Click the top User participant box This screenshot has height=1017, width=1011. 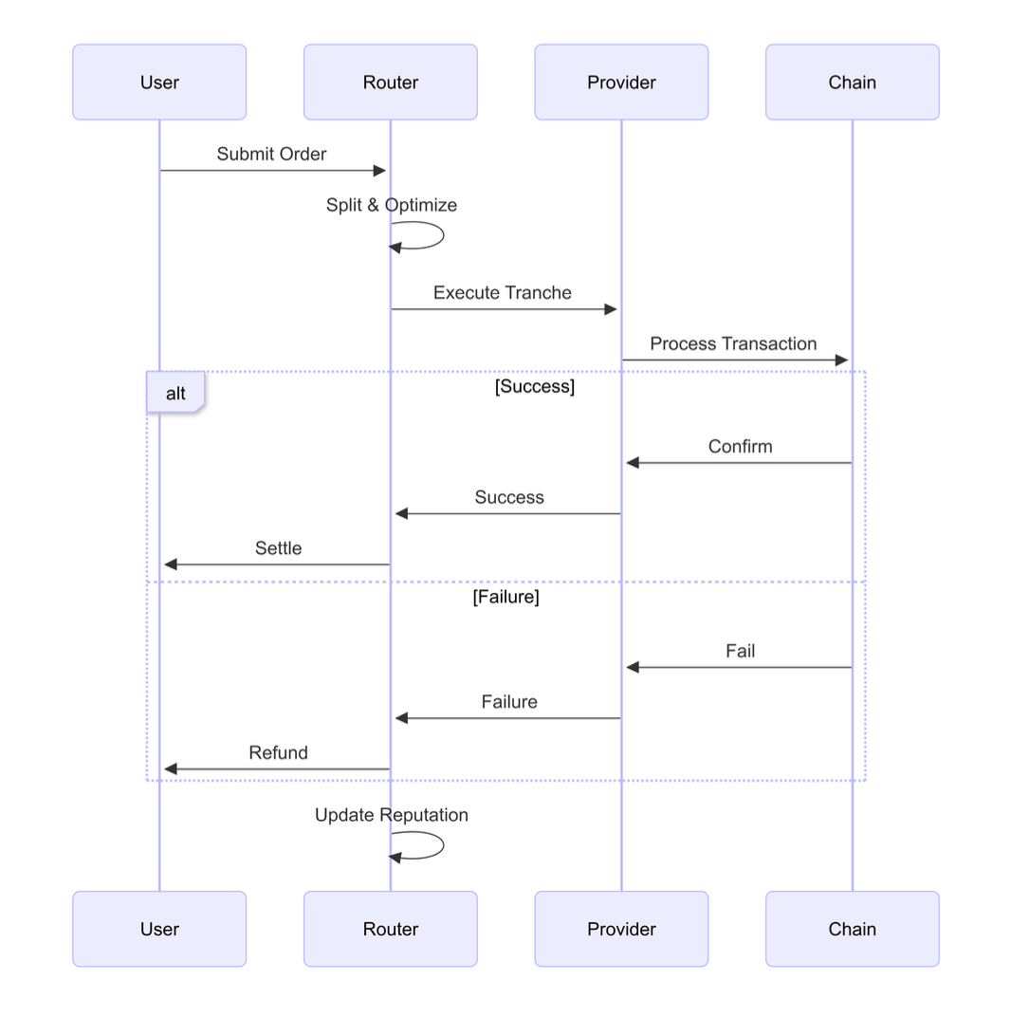pyautogui.click(x=159, y=83)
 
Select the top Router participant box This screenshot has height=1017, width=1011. pyautogui.click(x=390, y=83)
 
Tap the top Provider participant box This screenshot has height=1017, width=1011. pyautogui.click(x=621, y=83)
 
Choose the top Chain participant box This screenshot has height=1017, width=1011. pyautogui.click(x=852, y=83)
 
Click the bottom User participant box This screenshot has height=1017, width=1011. pyautogui.click(x=159, y=929)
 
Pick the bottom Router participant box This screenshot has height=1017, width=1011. pyautogui.click(x=390, y=929)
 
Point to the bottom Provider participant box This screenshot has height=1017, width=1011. pyautogui.click(x=621, y=929)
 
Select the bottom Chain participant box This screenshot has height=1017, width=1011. pyautogui.click(x=852, y=929)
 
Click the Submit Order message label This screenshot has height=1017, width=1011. pyautogui.click(x=271, y=154)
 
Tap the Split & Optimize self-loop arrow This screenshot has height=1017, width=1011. pyautogui.click(x=442, y=235)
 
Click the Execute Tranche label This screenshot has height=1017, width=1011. pyautogui.click(x=503, y=292)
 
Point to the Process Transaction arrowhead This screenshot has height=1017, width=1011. pyautogui.click(x=840, y=361)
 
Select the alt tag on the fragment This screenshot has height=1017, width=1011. pyautogui.click(x=175, y=393)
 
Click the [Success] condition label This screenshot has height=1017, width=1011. pyautogui.click(x=534, y=386)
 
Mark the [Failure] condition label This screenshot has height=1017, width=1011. pyautogui.click(x=505, y=597)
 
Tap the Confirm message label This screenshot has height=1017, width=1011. pyautogui.click(x=740, y=446)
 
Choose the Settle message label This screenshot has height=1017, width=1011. pyautogui.click(x=278, y=548)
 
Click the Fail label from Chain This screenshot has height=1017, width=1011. pyautogui.click(x=740, y=651)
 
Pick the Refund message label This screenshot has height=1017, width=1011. pyautogui.click(x=278, y=752)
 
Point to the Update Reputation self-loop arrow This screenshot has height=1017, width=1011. pyautogui.click(x=442, y=845)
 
